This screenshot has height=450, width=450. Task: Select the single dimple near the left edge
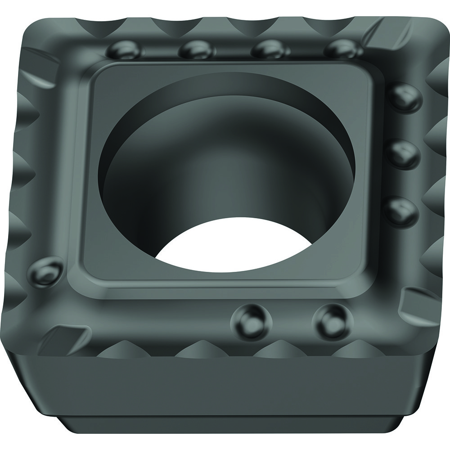pos(45,270)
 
